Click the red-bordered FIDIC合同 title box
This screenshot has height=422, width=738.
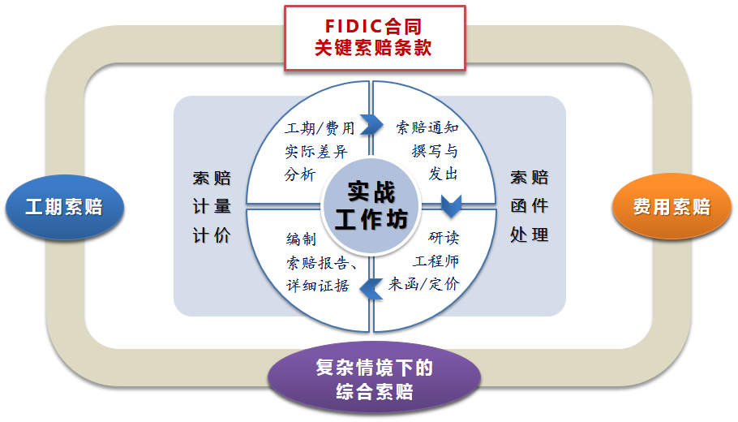[x=374, y=38]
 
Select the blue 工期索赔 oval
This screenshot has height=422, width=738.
[x=64, y=206]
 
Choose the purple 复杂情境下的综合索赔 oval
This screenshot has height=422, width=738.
[x=374, y=380]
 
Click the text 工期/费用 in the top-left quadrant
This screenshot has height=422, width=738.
[x=320, y=128]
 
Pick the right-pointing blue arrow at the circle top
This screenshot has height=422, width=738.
[x=371, y=124]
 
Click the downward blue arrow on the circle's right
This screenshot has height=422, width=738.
[x=451, y=203]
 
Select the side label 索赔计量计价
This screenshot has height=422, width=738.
[x=212, y=206]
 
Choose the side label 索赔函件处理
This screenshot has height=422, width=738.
[x=530, y=206]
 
